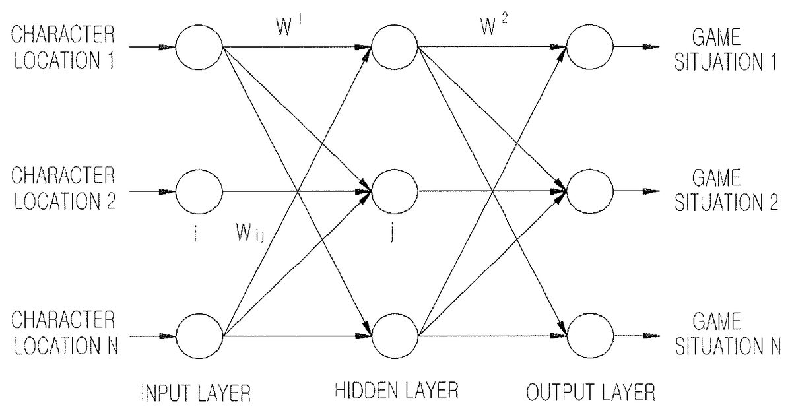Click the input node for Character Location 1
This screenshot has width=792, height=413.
coord(199,48)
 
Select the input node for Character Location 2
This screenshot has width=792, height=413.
coord(199,192)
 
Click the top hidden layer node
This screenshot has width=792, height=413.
coord(395,48)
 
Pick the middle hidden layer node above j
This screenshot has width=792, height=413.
coord(395,192)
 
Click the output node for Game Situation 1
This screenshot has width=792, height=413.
coord(589,48)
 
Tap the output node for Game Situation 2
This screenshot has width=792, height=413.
coord(589,192)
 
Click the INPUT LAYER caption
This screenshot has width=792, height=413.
coord(197,395)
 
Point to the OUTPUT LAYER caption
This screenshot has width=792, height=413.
coord(589,395)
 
